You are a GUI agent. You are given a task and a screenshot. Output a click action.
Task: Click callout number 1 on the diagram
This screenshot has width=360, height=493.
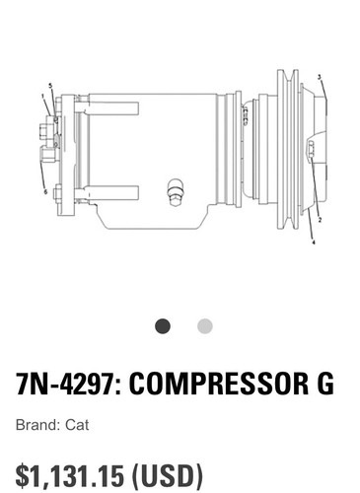[43, 96]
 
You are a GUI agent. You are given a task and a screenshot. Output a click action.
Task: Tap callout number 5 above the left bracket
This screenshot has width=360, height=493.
[49, 87]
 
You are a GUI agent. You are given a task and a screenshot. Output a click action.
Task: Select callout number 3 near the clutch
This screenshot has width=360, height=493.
[319, 76]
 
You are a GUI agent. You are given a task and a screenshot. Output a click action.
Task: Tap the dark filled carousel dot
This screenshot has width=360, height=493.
[163, 326]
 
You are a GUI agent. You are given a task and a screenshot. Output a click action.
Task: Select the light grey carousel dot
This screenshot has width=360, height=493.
[204, 326]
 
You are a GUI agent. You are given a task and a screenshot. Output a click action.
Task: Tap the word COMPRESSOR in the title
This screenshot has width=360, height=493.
[219, 385]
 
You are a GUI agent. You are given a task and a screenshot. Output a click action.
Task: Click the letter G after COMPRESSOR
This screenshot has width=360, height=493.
[324, 385]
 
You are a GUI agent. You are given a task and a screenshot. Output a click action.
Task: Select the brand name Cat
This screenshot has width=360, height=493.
[77, 427]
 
